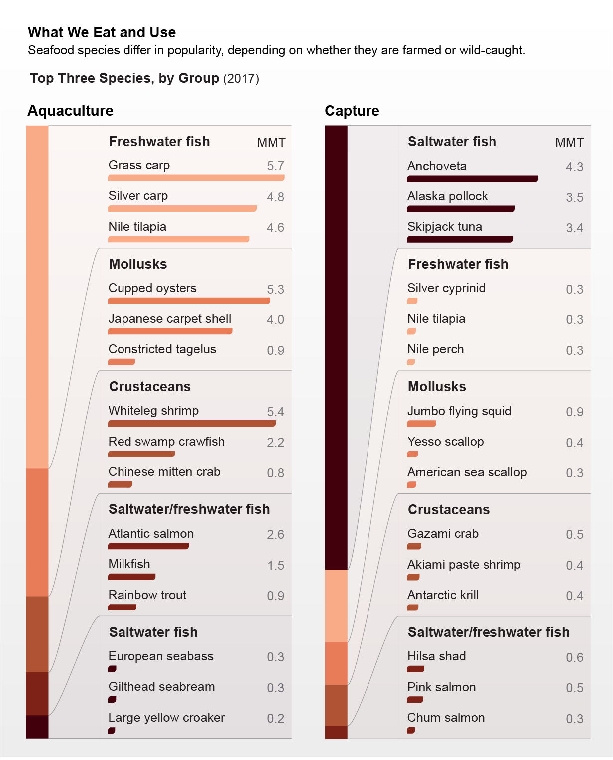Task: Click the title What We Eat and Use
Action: click(102, 32)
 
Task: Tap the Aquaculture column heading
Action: click(70, 111)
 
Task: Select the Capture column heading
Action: click(352, 111)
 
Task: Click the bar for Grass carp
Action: click(196, 178)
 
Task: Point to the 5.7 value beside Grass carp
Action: click(275, 166)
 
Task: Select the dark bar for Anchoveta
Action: click(472, 179)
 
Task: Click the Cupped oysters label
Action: click(152, 288)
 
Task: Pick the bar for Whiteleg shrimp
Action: click(192, 423)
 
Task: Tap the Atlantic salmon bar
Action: click(148, 546)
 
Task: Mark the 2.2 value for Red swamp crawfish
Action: click(275, 442)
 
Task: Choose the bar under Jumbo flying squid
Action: click(421, 424)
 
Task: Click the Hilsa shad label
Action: click(436, 656)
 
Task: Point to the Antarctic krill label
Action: click(443, 595)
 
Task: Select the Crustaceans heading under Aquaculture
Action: click(150, 387)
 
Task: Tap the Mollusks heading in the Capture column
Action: click(437, 387)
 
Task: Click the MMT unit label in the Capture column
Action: click(569, 143)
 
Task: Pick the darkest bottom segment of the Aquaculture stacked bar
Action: click(37, 727)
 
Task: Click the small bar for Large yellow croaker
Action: click(112, 730)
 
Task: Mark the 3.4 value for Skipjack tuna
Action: click(574, 228)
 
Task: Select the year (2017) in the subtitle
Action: click(241, 79)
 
